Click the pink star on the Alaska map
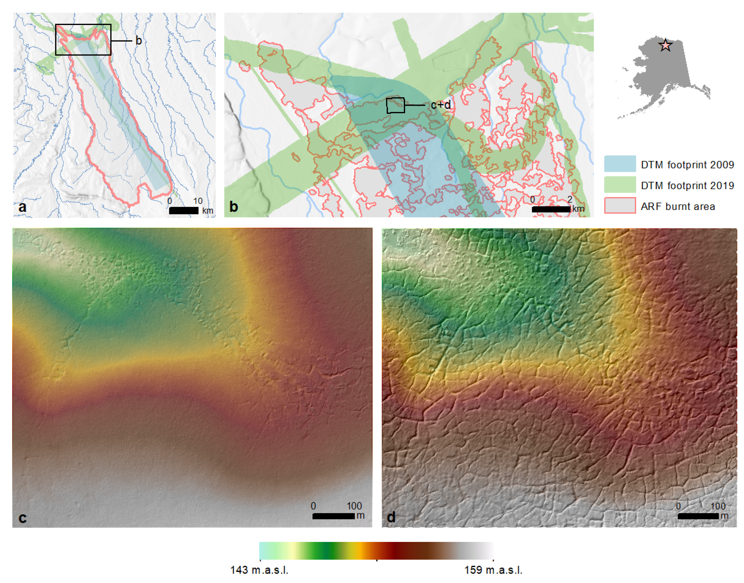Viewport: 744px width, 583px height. click(x=666, y=45)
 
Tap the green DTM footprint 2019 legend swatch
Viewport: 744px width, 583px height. click(x=620, y=185)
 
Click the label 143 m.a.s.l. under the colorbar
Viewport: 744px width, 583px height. click(x=259, y=570)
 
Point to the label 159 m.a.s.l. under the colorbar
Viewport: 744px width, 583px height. click(x=493, y=570)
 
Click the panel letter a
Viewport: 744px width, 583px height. click(x=22, y=207)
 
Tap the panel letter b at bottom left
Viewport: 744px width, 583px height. click(x=234, y=207)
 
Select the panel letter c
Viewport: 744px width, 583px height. click(x=22, y=518)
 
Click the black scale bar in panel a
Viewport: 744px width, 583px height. click(x=183, y=211)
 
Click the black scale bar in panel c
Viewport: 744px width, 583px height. click(x=333, y=516)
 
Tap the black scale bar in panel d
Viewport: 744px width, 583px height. click(x=698, y=516)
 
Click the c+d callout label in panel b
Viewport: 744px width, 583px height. click(x=440, y=105)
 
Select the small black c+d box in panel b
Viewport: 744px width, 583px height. click(x=395, y=105)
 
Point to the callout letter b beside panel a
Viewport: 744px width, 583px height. click(x=138, y=40)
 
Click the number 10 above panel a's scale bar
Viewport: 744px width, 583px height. click(x=198, y=201)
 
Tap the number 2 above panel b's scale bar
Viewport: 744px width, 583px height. click(x=569, y=199)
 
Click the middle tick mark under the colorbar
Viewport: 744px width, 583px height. click(x=376, y=560)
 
